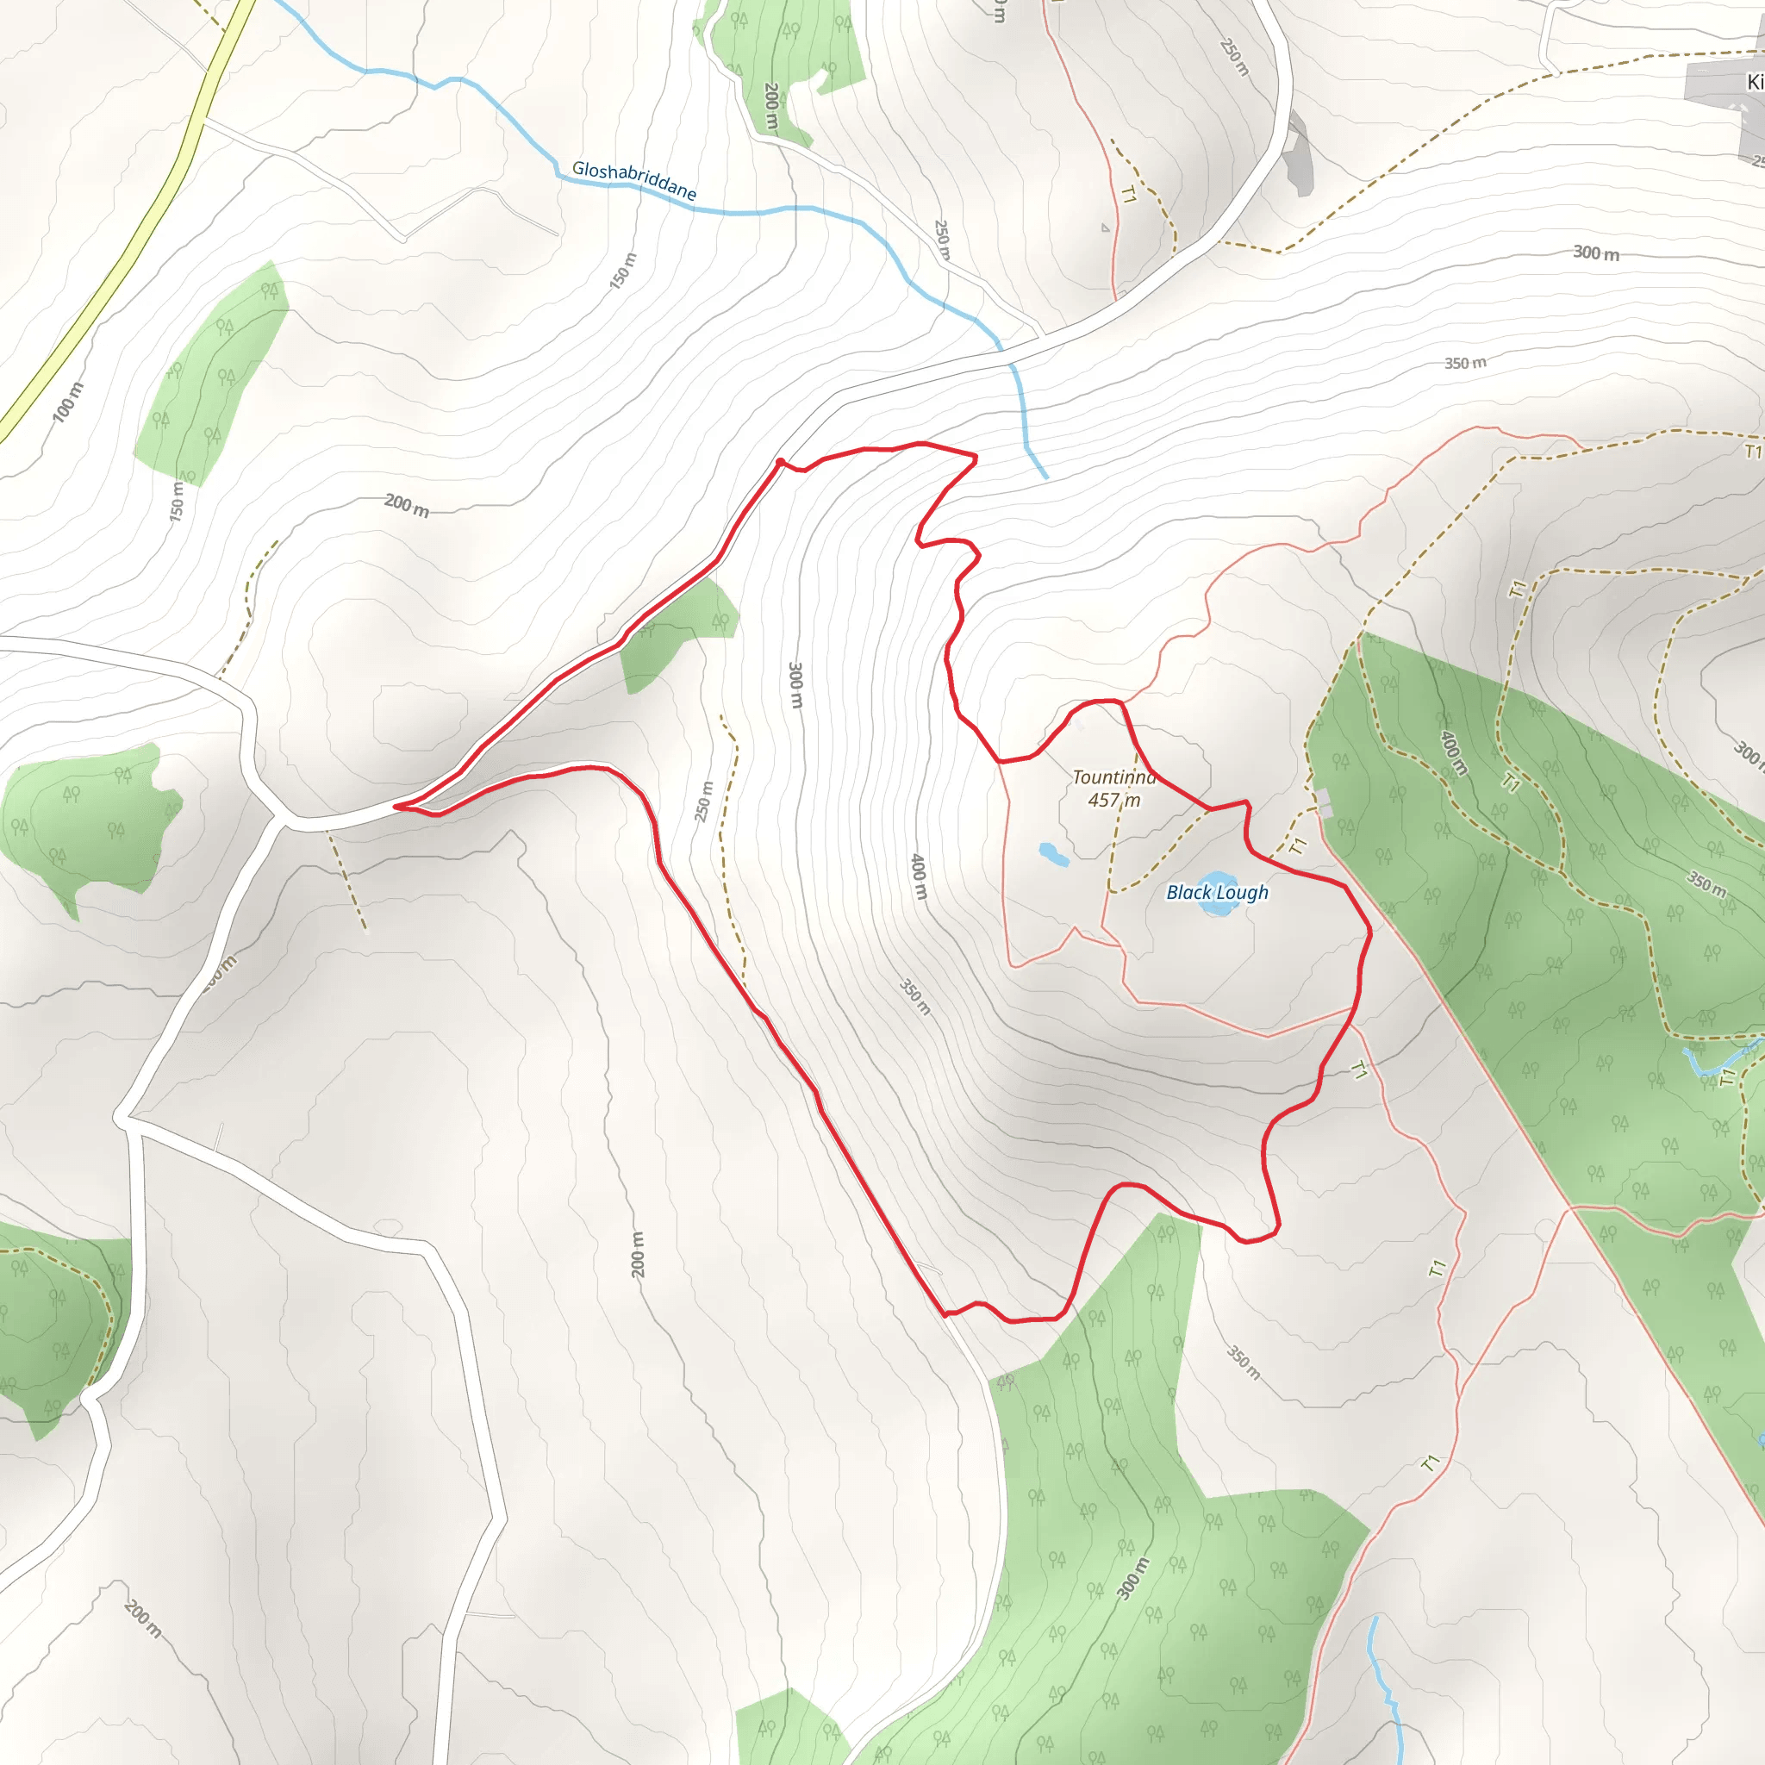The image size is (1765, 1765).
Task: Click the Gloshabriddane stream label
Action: pyautogui.click(x=634, y=180)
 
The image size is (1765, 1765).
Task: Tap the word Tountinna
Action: pyautogui.click(x=1113, y=777)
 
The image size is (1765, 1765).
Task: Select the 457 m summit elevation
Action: pyautogui.click(x=1113, y=801)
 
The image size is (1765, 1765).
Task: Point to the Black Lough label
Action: pyautogui.click(x=1217, y=893)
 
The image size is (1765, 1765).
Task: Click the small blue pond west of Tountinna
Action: pyautogui.click(x=1053, y=855)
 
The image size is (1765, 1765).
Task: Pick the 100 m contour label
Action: pyautogui.click(x=67, y=402)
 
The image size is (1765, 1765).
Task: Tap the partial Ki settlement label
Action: pyautogui.click(x=1754, y=82)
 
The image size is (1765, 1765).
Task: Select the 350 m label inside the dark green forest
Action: pyautogui.click(x=1706, y=883)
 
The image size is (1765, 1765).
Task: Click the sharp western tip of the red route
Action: pyautogui.click(x=396, y=807)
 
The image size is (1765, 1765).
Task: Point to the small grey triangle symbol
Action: pyautogui.click(x=1106, y=228)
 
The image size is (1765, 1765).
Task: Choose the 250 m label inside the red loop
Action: pyautogui.click(x=702, y=801)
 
